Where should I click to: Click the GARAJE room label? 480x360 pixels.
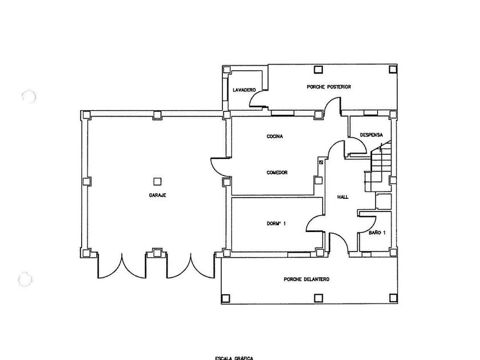point(158,195)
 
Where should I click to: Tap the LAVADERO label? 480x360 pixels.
point(244,90)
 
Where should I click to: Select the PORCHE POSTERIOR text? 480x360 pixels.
point(329,87)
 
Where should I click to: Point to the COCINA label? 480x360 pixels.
point(275,137)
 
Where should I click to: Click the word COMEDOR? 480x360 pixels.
point(277,173)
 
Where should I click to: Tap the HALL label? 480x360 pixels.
point(343,197)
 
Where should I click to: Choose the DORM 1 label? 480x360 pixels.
point(276,223)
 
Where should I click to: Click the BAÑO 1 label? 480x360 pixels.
point(377,233)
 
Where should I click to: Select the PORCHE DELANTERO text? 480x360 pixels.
point(306,279)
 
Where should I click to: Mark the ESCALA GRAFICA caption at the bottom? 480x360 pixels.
point(234,357)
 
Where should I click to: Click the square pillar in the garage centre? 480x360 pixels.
point(158,182)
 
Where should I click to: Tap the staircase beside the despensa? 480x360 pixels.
point(379,166)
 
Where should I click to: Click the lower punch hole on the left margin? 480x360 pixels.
point(25,279)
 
